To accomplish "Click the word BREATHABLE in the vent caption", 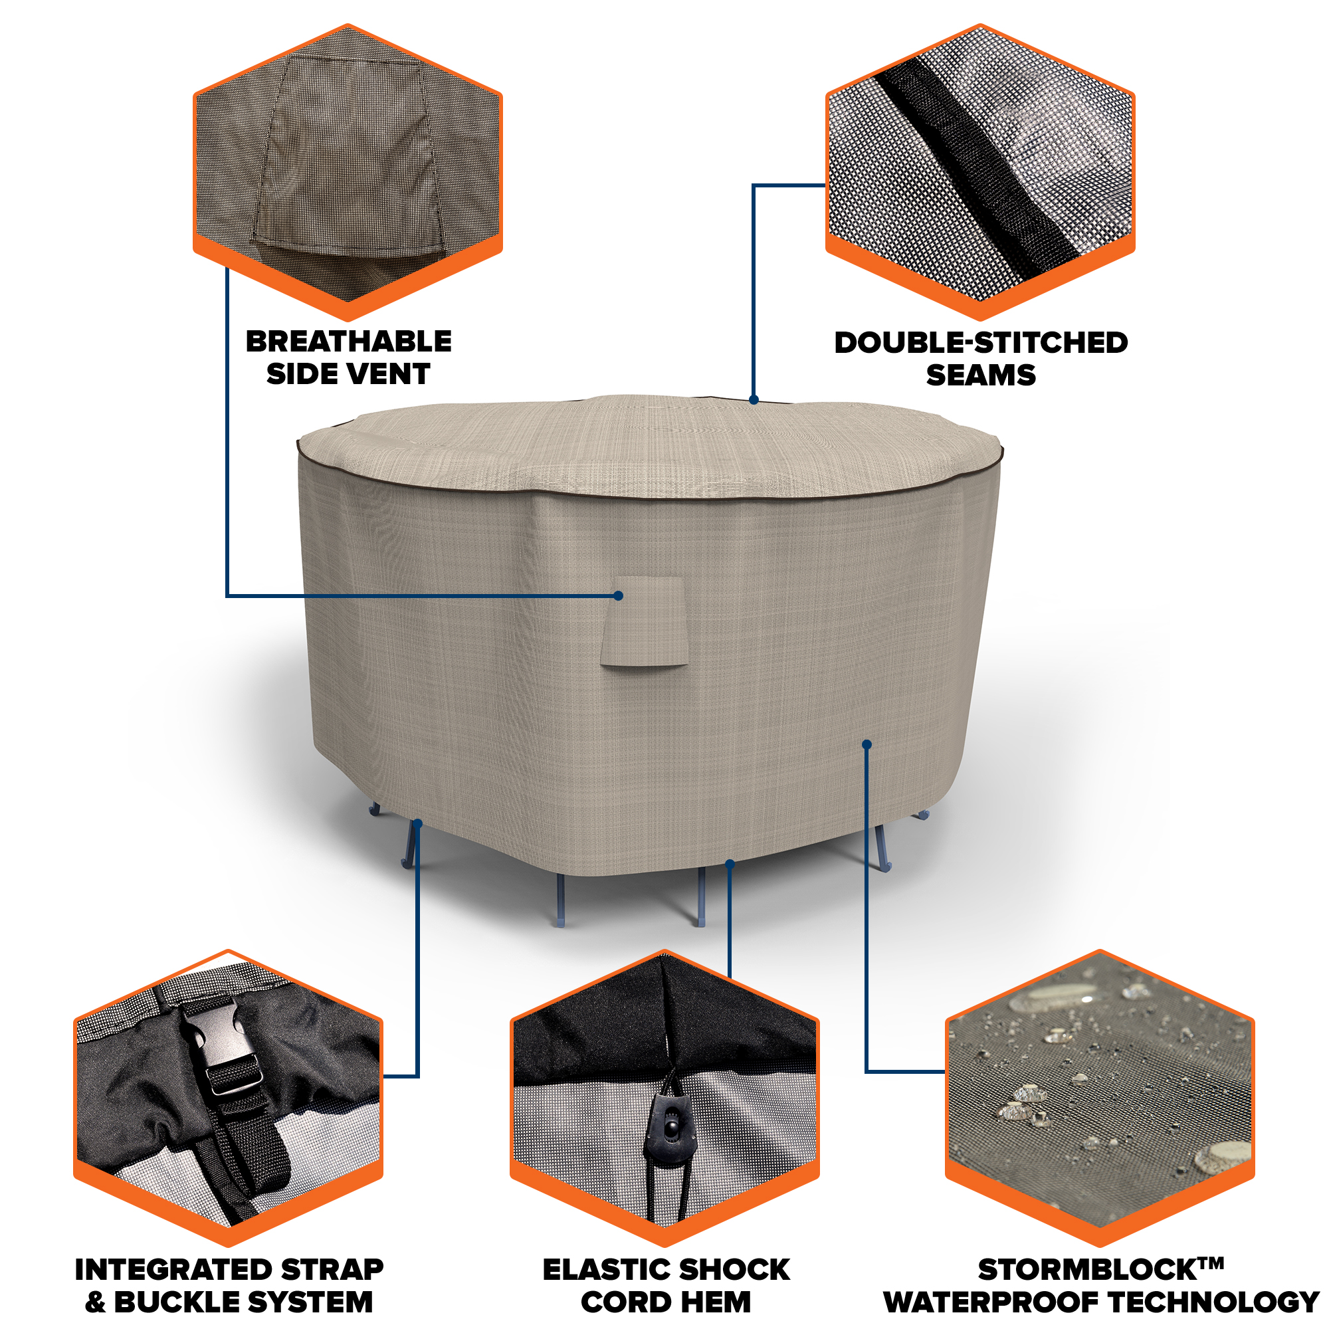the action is point(349,341).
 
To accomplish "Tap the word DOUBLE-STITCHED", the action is point(981,343).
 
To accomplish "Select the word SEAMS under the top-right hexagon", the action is point(981,375).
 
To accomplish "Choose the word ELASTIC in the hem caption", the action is point(598,1270).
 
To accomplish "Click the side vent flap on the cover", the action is point(643,621).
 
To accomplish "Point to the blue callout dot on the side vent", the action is point(619,595).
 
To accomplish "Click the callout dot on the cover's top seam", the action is point(754,399).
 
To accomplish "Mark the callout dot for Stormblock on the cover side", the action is point(867,744).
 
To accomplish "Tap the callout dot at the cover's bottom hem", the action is point(730,864).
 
